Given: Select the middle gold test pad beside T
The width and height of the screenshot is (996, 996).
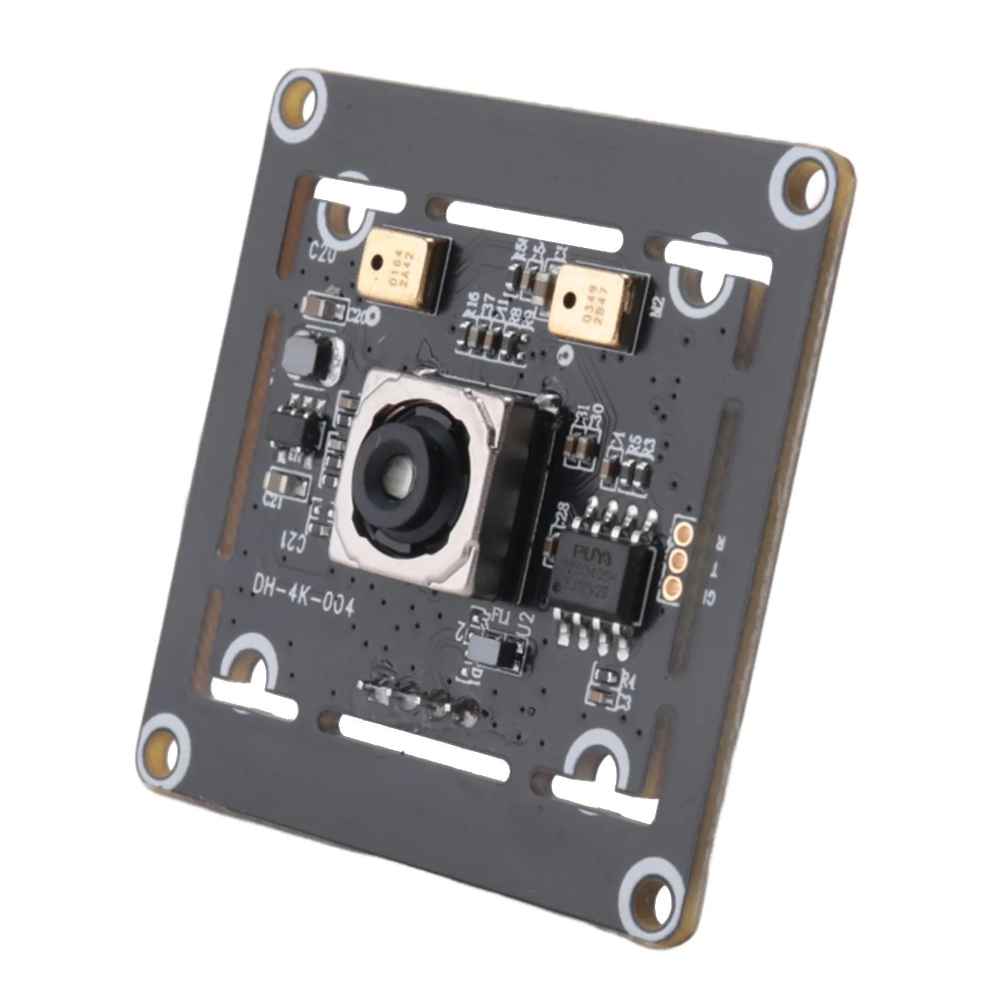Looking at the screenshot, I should coord(678,559).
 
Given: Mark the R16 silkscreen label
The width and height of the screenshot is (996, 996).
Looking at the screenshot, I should coord(470,304).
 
